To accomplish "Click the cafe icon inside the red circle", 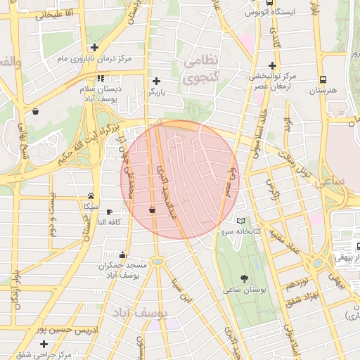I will (153, 209).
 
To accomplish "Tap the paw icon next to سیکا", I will (91, 196).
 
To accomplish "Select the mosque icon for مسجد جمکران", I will (123, 255).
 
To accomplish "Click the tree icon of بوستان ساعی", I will (243, 278).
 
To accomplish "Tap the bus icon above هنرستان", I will (323, 79).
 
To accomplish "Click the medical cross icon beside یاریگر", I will (156, 81).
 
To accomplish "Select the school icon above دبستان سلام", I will (101, 79).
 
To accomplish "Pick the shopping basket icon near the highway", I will (35, 111).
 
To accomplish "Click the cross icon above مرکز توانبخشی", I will (271, 65).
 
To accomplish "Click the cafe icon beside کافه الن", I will (109, 212).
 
